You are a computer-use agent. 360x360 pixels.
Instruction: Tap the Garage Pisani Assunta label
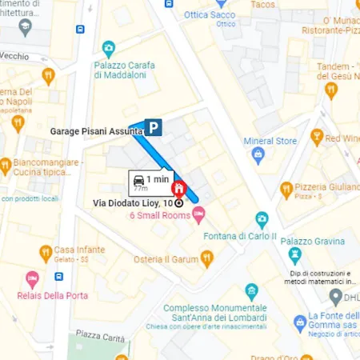[96, 130]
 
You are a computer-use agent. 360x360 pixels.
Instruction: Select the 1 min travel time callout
[151, 182]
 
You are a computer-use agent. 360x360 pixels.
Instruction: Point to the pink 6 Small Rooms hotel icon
[198, 212]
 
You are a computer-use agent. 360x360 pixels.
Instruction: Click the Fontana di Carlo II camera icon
[262, 218]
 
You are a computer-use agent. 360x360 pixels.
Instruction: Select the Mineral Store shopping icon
[258, 155]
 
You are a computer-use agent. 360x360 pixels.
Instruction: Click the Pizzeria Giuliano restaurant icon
[286, 190]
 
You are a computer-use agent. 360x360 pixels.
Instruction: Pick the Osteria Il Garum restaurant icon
[207, 258]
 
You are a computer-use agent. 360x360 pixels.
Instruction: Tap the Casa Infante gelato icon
[46, 254]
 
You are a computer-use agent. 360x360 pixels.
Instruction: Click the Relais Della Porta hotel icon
[32, 280]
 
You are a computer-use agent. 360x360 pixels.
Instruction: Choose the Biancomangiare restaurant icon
[6, 166]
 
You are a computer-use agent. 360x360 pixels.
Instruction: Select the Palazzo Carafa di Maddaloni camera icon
[109, 48]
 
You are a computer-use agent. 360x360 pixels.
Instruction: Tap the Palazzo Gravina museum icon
[294, 255]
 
